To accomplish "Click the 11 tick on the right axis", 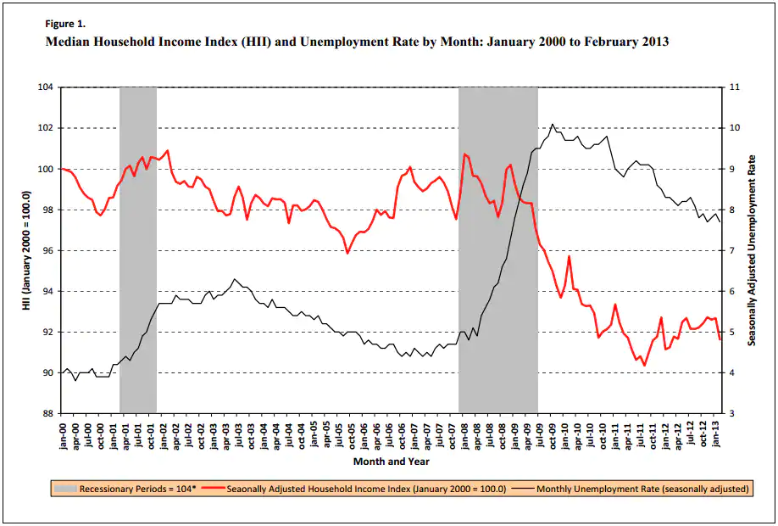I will click(735, 87).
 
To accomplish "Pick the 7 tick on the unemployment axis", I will click(732, 250).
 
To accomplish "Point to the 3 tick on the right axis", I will click(732, 413).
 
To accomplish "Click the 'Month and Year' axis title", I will click(391, 462).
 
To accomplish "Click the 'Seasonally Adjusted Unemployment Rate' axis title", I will click(752, 250).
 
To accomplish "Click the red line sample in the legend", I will click(216, 489).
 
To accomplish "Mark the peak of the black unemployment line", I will click(553, 124).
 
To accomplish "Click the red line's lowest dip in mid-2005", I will click(347, 253).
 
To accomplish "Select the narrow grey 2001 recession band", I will click(138, 250).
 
